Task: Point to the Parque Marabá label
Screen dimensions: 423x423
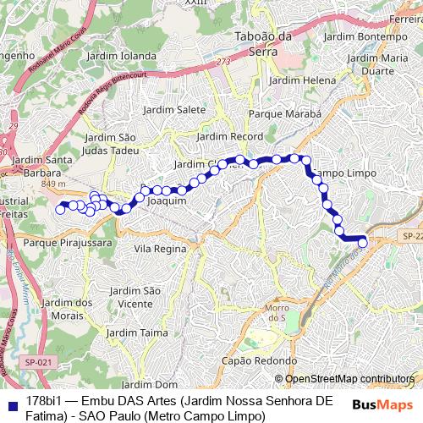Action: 285,113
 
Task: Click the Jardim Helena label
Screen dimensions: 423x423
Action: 302,80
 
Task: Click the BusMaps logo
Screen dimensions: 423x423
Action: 379,404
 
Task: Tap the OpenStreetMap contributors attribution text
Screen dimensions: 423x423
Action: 349,379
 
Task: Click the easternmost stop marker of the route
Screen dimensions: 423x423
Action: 363,243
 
